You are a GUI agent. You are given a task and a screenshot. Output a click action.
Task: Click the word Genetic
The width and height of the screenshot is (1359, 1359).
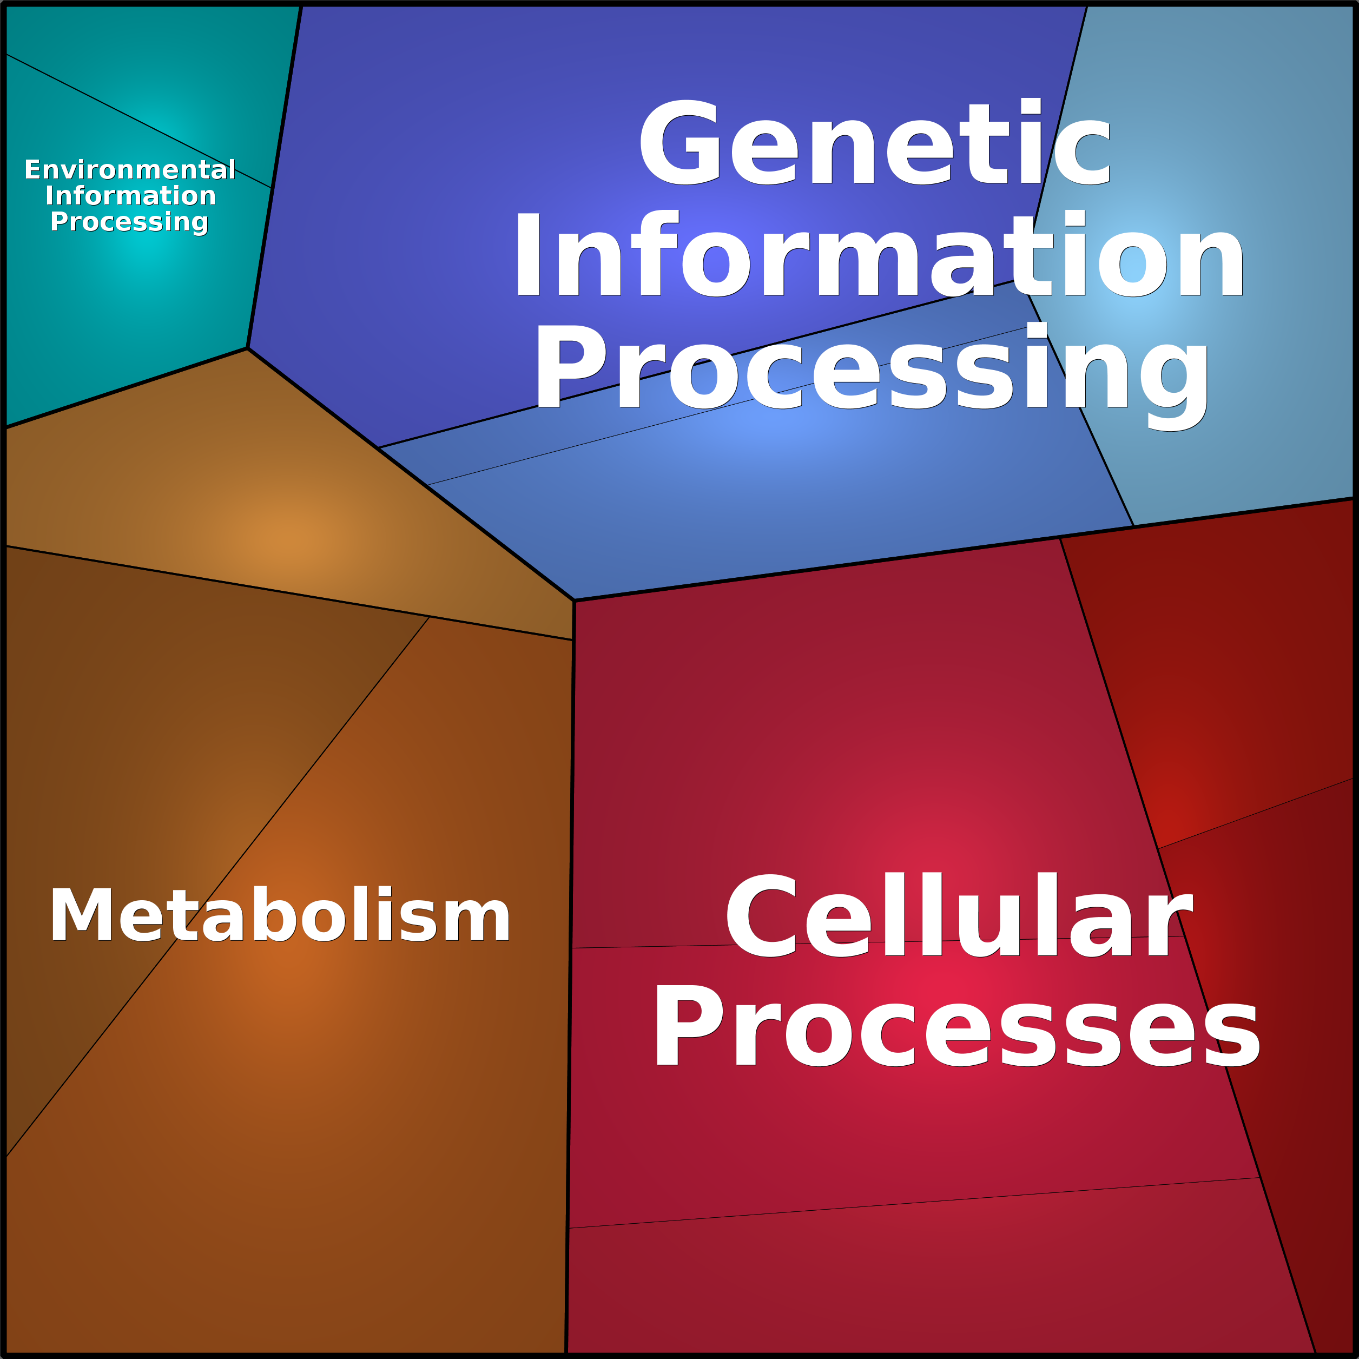click(874, 143)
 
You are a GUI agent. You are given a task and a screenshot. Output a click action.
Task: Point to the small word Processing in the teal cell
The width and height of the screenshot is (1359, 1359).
click(129, 222)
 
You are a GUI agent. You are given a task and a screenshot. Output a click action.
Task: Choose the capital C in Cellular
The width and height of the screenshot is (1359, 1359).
click(762, 915)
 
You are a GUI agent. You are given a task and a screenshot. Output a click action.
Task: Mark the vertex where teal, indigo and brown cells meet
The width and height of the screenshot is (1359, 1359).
click(248, 348)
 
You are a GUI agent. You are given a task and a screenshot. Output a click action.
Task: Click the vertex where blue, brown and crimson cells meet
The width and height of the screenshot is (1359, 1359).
click(574, 600)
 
